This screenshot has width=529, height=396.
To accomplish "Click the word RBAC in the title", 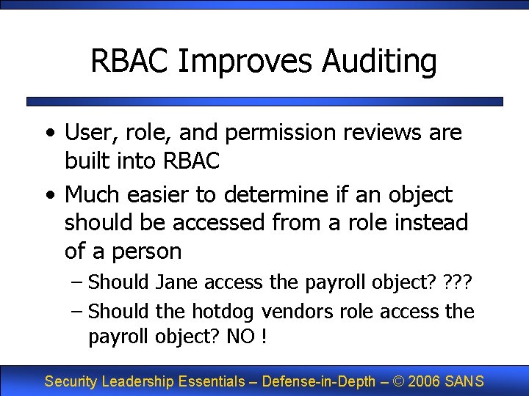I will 129,61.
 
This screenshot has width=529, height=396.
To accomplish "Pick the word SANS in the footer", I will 464,381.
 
